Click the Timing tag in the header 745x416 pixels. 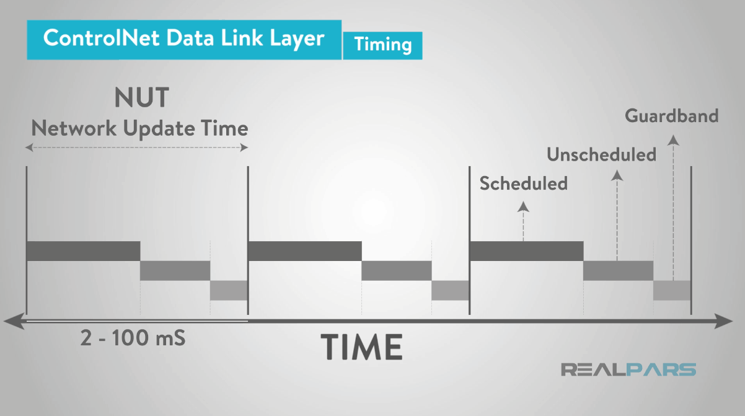tap(382, 45)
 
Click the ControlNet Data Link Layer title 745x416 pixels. tap(183, 38)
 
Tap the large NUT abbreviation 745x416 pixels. tap(142, 98)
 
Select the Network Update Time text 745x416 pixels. tap(139, 128)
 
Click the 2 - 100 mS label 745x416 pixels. tap(133, 339)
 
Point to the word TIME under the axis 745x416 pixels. tap(362, 346)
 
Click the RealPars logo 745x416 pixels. tap(628, 370)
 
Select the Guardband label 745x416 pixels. tap(671, 116)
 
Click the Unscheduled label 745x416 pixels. tap(601, 154)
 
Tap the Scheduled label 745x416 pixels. tap(524, 184)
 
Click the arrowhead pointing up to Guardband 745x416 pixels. tap(673, 141)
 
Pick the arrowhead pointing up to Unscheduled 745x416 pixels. tap(617, 175)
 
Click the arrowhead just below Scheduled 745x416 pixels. tap(524, 207)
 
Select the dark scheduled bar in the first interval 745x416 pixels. tap(84, 251)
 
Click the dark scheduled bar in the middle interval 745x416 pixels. tap(304, 251)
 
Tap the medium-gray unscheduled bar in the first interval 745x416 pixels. tap(175, 270)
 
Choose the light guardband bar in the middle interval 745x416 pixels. tap(451, 290)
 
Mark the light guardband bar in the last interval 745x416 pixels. tap(672, 290)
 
